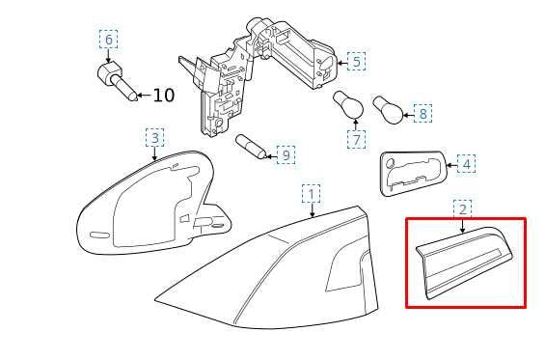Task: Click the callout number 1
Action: tap(311, 194)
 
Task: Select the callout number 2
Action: tap(463, 209)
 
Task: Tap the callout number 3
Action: tap(155, 138)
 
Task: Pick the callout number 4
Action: tap(467, 164)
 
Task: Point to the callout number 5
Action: tap(356, 61)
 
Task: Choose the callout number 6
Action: tap(108, 40)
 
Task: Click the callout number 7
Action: tap(356, 140)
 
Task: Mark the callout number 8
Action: tap(422, 113)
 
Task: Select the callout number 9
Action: tap(286, 154)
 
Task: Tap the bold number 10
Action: tap(163, 95)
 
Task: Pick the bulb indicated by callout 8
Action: tap(388, 110)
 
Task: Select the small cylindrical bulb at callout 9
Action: tap(252, 147)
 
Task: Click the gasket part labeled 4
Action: tap(413, 173)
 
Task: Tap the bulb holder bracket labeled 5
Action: tap(258, 74)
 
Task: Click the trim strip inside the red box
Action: tap(464, 263)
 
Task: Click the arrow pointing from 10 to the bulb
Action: tap(145, 95)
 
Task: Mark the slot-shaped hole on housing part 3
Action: tap(99, 235)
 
